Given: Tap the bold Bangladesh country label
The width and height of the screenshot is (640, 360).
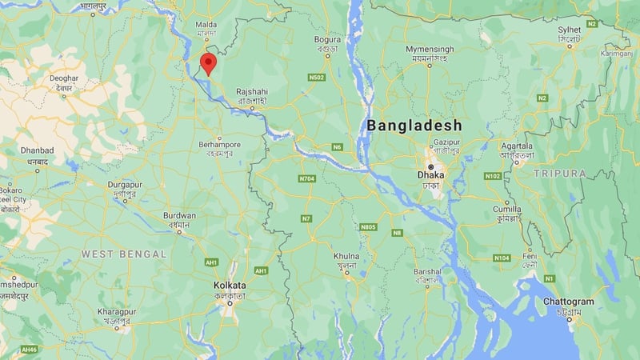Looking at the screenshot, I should (414, 126).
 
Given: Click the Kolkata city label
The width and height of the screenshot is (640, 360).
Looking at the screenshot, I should (230, 286).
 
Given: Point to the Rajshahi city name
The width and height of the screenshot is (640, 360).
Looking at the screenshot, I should (252, 92).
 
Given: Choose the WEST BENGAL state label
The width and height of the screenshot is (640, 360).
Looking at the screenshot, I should (124, 254).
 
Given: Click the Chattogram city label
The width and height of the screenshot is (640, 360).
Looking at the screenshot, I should (569, 302).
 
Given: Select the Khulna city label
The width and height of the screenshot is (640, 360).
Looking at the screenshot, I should (346, 256).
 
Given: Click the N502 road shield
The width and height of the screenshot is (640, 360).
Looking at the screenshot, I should (317, 78).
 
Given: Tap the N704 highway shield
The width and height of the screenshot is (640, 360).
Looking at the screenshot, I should (306, 178).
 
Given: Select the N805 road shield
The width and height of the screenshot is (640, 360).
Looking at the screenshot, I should (368, 227).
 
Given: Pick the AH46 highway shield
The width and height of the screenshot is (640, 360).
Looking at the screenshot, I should (30, 350).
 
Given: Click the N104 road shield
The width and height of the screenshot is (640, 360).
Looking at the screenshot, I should (502, 258).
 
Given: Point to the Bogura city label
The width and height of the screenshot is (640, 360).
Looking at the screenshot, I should (328, 38).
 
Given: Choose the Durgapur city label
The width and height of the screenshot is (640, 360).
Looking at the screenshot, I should (130, 186).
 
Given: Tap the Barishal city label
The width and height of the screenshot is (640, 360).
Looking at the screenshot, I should (428, 272).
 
